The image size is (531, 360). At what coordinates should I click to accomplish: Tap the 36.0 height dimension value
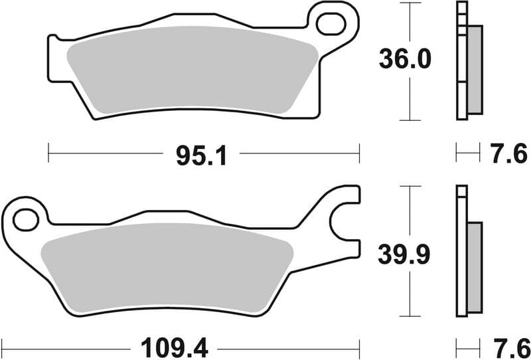[405, 60]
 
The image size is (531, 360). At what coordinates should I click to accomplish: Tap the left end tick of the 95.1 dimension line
[48, 152]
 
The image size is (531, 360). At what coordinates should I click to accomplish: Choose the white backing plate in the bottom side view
[462, 252]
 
